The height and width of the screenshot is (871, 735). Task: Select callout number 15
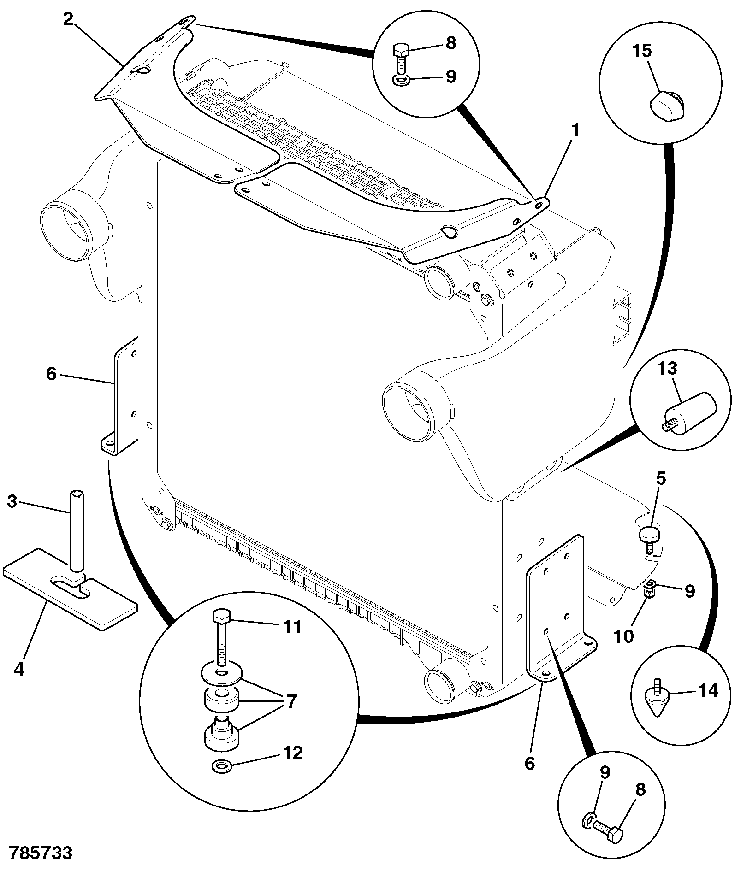[x=642, y=51]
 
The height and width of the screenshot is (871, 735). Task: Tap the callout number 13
[x=667, y=368]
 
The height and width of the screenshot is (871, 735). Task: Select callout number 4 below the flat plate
[x=18, y=669]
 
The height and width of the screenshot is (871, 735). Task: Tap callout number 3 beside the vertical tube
[x=12, y=501]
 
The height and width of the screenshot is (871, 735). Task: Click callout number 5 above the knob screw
[x=661, y=479]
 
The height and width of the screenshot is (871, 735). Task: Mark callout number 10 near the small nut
[x=623, y=636]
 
